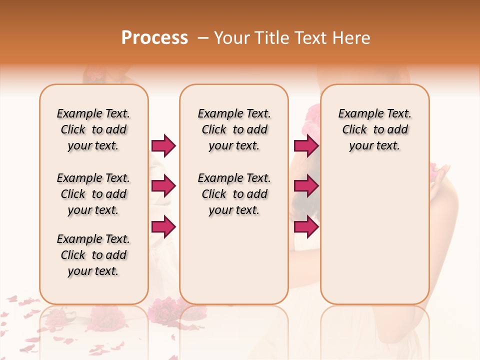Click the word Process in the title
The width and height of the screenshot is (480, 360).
154,38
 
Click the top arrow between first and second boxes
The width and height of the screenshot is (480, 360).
163,145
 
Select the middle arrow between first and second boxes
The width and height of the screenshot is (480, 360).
163,186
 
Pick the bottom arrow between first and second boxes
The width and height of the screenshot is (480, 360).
163,227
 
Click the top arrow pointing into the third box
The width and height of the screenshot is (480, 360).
306,145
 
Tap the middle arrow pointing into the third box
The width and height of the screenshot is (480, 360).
306,186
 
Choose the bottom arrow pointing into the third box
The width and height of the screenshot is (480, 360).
306,227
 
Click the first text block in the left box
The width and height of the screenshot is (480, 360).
93,129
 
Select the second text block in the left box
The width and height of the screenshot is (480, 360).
93,194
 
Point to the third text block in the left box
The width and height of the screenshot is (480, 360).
93,255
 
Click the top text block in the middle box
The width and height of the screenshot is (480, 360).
234,129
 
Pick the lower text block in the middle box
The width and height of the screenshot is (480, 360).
234,194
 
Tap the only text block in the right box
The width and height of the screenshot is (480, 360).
374,129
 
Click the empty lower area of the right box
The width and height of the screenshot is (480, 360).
374,235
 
